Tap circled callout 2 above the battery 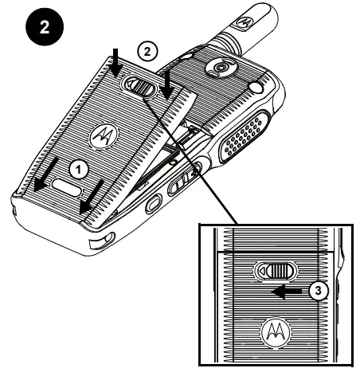click(144, 49)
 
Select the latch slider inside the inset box click(276, 269)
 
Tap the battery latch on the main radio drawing click(140, 85)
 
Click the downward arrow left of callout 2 click(114, 61)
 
